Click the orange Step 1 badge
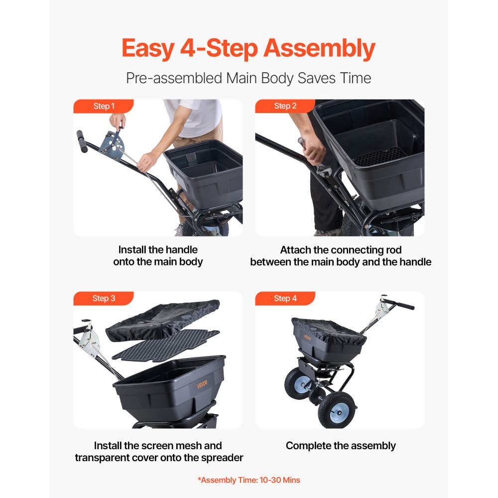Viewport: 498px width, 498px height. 104,106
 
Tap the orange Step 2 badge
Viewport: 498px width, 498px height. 285,106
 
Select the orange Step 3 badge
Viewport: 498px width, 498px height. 104,298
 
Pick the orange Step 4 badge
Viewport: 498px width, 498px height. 285,298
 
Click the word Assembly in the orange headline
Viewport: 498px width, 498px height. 320,49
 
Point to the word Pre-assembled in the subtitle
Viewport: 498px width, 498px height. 174,78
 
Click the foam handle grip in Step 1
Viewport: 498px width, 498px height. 82,141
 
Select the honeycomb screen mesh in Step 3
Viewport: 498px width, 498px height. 165,346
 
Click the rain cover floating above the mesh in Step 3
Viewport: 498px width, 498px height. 163,320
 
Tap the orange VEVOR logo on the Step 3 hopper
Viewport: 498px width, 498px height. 202,384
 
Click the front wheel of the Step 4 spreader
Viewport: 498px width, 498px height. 337,410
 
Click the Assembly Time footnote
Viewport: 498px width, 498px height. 249,480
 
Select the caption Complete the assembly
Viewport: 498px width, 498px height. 341,446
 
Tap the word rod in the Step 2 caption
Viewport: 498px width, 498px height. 394,250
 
